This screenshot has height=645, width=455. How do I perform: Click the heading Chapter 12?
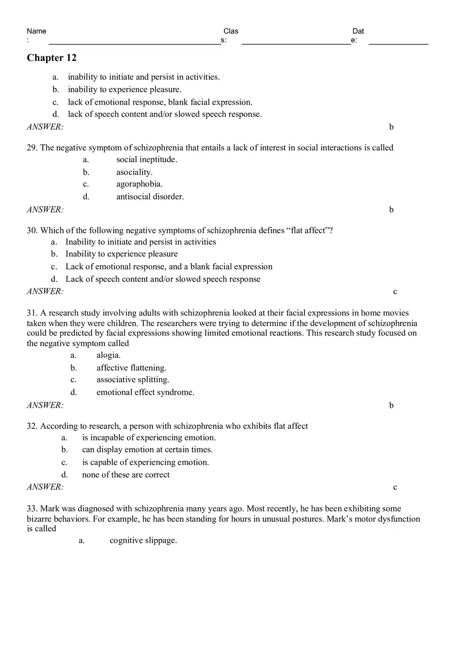[x=52, y=58]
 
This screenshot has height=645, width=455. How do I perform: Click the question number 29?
[x=32, y=148]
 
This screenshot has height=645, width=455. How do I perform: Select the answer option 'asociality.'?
[x=134, y=172]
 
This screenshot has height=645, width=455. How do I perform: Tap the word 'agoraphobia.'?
[x=139, y=184]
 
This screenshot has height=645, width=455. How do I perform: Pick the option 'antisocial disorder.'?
[x=150, y=197]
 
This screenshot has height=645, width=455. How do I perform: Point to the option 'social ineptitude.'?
[x=146, y=159]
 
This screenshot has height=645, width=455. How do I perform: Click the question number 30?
[x=32, y=231]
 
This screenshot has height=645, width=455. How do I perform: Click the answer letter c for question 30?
[x=395, y=292]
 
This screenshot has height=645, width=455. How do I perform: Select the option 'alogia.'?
[x=109, y=355]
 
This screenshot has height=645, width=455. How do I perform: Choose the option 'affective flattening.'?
[x=131, y=368]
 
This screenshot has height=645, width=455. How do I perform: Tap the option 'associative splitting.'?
[x=133, y=380]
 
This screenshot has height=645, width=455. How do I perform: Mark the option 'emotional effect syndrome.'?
[x=145, y=392]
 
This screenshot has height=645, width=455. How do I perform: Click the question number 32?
[x=32, y=426]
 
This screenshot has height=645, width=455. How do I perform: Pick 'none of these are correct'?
[x=126, y=475]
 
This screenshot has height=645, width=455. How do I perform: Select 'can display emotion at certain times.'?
[x=147, y=450]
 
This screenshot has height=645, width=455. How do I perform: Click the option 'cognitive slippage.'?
[x=143, y=541]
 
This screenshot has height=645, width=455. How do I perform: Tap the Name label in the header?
[x=36, y=31]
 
